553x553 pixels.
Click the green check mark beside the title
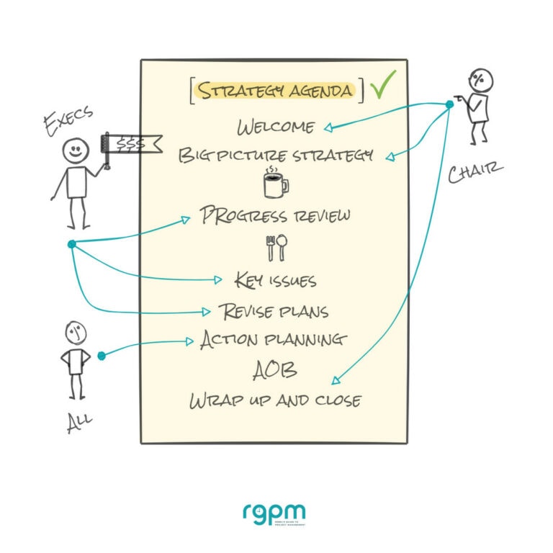point(383,86)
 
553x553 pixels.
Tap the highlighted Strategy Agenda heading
point(277,91)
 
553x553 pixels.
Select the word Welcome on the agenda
point(276,127)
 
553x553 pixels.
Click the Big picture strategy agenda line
point(276,155)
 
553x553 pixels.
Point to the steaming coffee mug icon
point(275,184)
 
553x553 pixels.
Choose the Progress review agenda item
point(276,215)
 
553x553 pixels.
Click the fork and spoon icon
point(276,248)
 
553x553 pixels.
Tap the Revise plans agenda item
point(274,311)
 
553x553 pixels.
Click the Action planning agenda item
point(274,339)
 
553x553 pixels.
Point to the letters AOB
point(275,370)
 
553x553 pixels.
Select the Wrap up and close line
point(275,400)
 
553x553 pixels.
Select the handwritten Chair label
point(475,174)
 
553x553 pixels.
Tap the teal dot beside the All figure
point(102,355)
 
